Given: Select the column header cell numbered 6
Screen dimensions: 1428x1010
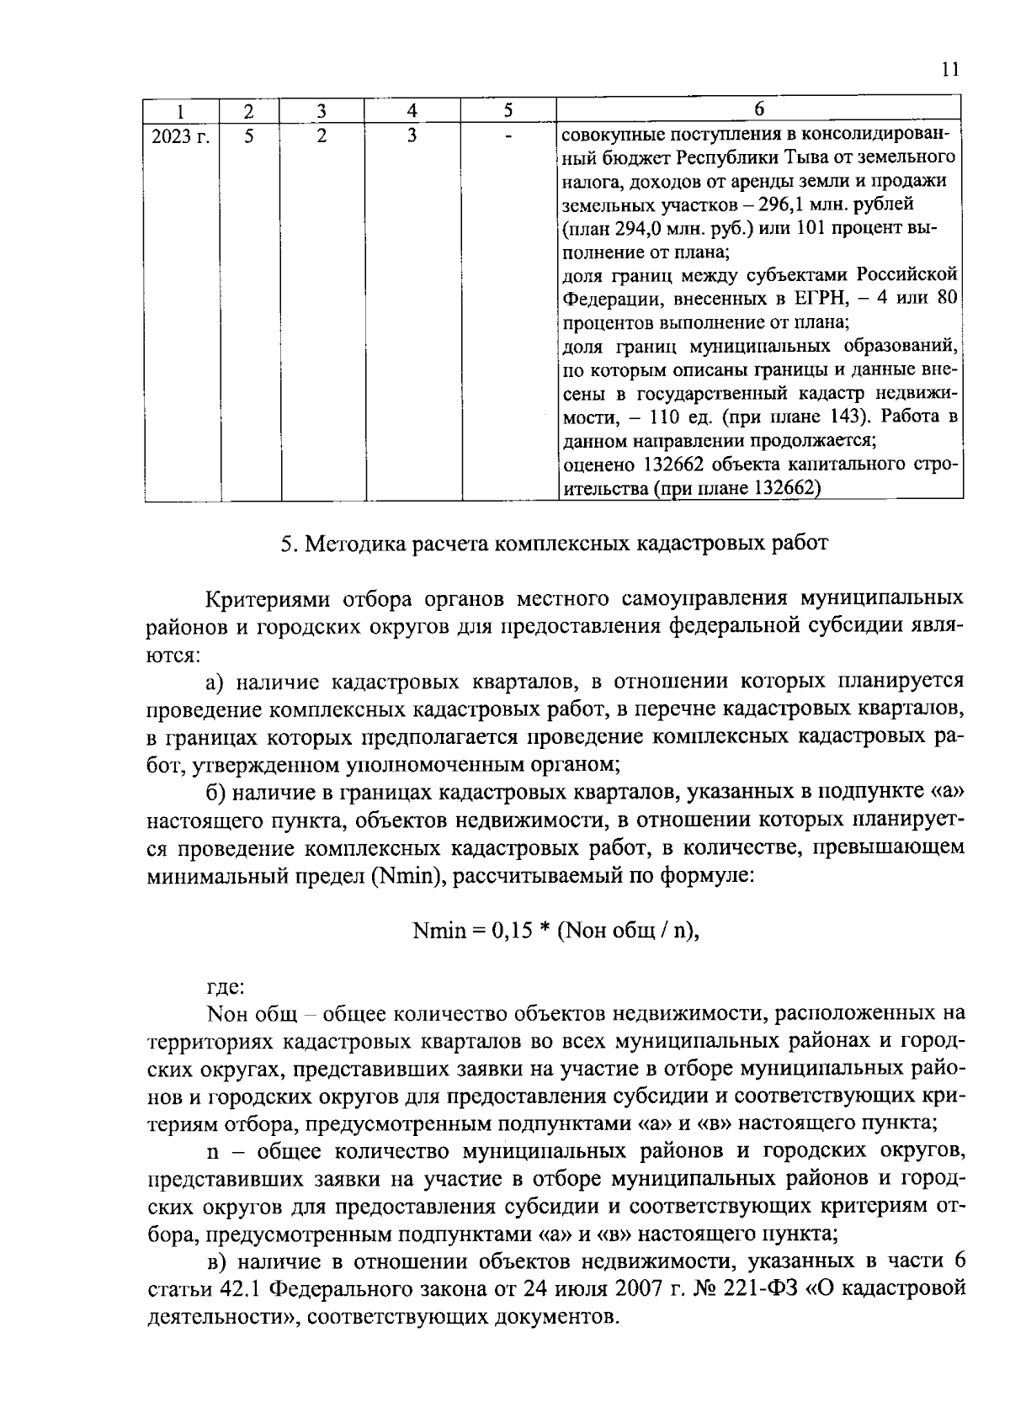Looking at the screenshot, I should coord(759,109).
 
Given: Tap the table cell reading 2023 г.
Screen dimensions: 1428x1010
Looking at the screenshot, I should coord(180,135).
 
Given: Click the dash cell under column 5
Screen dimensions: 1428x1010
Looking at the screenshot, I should coord(508,135).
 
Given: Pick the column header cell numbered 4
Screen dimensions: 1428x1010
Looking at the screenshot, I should coord(412,109).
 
